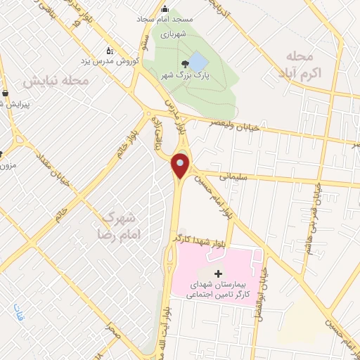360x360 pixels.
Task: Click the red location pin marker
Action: click(x=181, y=166)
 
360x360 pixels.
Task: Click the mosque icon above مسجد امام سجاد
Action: click(x=165, y=9)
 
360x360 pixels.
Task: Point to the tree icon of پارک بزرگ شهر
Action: click(x=186, y=63)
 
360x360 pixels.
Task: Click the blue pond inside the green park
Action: click(x=198, y=62)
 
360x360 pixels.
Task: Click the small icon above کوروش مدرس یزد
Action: click(x=109, y=51)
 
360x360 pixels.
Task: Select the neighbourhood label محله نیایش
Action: click(x=56, y=81)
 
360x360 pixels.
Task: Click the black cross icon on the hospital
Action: click(x=218, y=274)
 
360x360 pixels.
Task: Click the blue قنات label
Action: click(x=18, y=315)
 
